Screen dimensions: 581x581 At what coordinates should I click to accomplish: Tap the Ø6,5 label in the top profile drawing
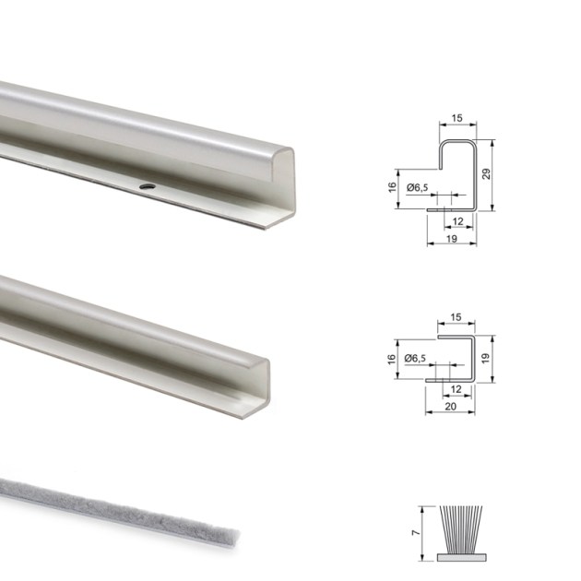(x=419, y=188)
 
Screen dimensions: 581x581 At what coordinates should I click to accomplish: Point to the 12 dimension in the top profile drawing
(x=458, y=221)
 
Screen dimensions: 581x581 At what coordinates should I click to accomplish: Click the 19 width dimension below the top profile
(x=452, y=239)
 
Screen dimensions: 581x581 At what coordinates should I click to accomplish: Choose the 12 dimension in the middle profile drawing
(x=457, y=390)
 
